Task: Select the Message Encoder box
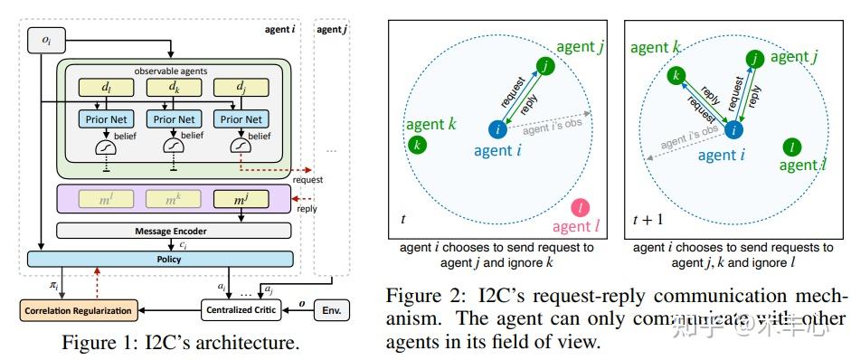click(174, 230)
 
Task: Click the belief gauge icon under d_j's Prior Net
click(241, 145)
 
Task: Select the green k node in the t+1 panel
click(674, 75)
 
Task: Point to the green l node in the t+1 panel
click(792, 147)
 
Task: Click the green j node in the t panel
click(544, 65)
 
